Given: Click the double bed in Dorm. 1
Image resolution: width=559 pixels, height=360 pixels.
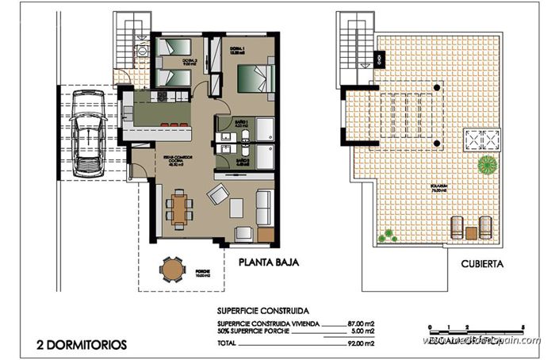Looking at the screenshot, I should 253,81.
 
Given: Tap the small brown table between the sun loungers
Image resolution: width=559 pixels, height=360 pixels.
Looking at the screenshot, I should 471,233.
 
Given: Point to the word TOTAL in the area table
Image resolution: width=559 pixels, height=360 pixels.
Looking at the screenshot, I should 228,343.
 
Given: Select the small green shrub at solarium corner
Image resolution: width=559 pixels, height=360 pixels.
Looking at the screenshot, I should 389,235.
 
